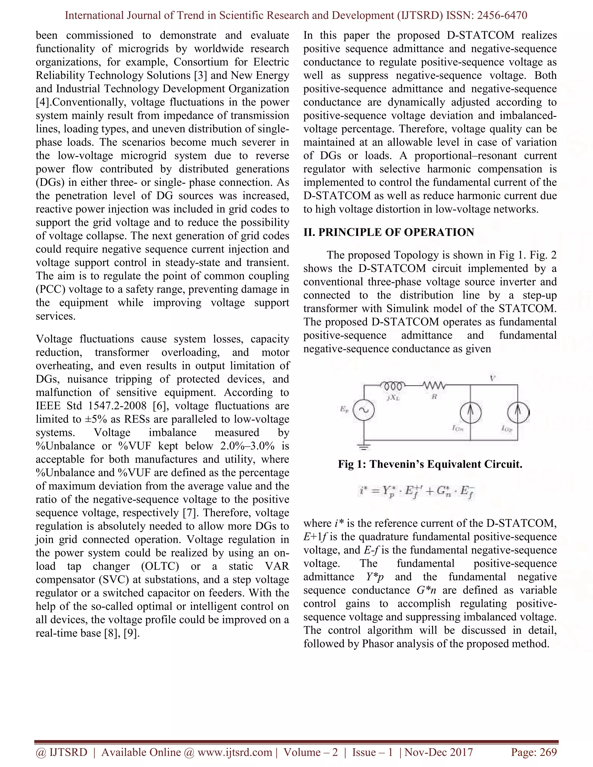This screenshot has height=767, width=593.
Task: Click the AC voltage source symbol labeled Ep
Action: [x=364, y=410]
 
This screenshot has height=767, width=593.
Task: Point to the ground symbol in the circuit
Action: [x=364, y=447]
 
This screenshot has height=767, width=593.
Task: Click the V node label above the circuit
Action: [x=493, y=378]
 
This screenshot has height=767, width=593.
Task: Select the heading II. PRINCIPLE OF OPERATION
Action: [x=389, y=232]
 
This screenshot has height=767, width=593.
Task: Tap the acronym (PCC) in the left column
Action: [x=50, y=289]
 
